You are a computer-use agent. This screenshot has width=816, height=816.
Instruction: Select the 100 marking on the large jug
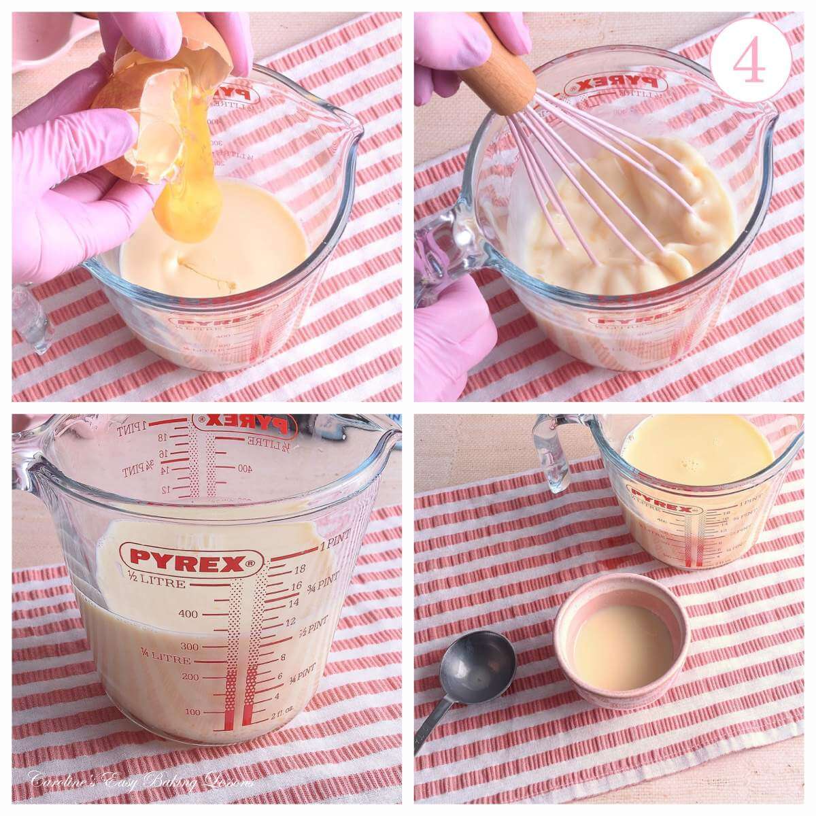click(x=193, y=711)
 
